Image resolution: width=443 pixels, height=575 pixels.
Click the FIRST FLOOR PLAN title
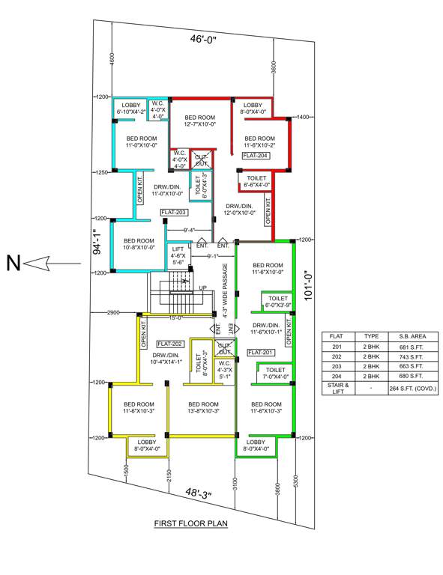[190, 524]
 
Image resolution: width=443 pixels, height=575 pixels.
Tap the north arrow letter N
[12, 262]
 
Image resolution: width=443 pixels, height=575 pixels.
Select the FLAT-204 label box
[253, 156]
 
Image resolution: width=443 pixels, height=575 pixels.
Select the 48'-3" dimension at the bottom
[199, 493]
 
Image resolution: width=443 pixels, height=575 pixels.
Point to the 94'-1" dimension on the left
[95, 242]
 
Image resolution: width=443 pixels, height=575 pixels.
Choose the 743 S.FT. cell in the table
[406, 358]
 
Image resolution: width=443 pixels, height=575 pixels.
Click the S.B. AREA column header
[406, 337]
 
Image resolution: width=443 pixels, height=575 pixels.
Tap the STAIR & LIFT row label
[335, 389]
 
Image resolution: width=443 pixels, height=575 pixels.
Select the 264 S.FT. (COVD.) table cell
[412, 389]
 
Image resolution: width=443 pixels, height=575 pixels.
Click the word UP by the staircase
[202, 287]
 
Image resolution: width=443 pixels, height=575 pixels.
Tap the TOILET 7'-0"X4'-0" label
[275, 373]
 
